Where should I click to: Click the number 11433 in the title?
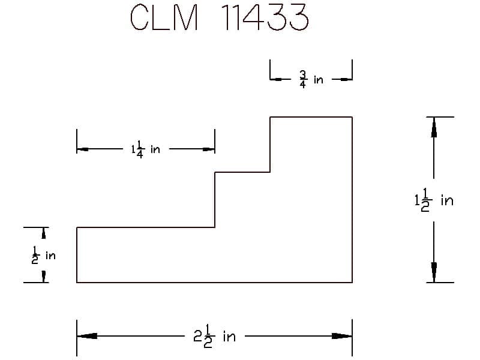[x=265, y=17]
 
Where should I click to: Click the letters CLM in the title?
[x=164, y=17]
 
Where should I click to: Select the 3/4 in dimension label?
[x=311, y=80]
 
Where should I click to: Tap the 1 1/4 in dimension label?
[x=146, y=149]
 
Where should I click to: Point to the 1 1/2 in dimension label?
[x=434, y=200]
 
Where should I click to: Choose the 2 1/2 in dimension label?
[x=214, y=337]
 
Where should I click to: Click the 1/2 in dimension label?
[x=43, y=255]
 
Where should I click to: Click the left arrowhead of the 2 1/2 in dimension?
[x=87, y=336]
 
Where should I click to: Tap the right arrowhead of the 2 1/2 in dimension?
[x=342, y=336]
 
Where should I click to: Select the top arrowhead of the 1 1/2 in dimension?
[x=434, y=127]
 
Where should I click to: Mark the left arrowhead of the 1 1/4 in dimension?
[x=83, y=149]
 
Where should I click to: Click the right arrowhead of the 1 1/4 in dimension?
[x=209, y=149]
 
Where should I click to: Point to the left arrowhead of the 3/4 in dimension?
[x=276, y=80]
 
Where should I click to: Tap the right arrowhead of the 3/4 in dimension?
[x=346, y=80]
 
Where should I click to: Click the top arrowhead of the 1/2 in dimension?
[x=44, y=233]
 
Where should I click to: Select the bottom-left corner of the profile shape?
[x=77, y=282]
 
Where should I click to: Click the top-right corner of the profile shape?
[x=352, y=117]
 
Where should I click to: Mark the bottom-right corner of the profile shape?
[x=352, y=282]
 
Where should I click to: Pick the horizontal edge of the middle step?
[x=242, y=172]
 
